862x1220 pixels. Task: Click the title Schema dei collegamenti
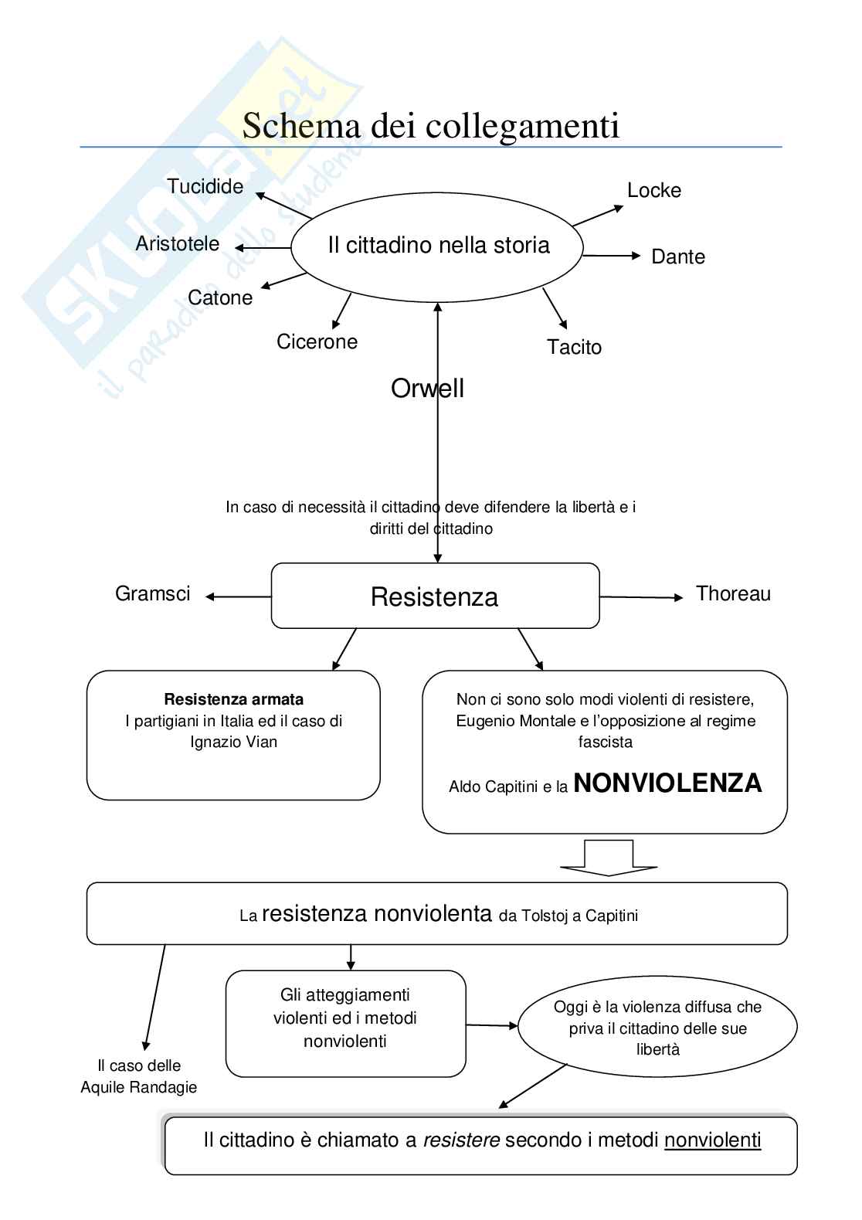430,126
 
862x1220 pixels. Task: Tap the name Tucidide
205,186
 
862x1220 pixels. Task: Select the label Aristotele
177,243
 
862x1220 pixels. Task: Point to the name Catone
220,297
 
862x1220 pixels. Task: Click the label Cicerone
317,342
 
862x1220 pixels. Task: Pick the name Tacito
574,347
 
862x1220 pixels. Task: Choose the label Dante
678,257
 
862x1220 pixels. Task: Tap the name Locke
653,190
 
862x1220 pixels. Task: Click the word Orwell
427,388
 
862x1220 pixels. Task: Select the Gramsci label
152,593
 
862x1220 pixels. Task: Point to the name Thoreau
733,593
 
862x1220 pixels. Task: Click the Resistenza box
435,596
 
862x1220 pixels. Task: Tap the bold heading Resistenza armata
233,699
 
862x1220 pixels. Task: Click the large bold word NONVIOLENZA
667,783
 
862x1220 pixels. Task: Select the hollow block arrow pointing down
608,857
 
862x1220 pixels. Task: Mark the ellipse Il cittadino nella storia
438,246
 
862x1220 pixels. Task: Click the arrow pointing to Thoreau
641,597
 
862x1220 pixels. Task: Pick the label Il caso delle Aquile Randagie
139,1076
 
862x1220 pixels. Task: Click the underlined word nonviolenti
712,1140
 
